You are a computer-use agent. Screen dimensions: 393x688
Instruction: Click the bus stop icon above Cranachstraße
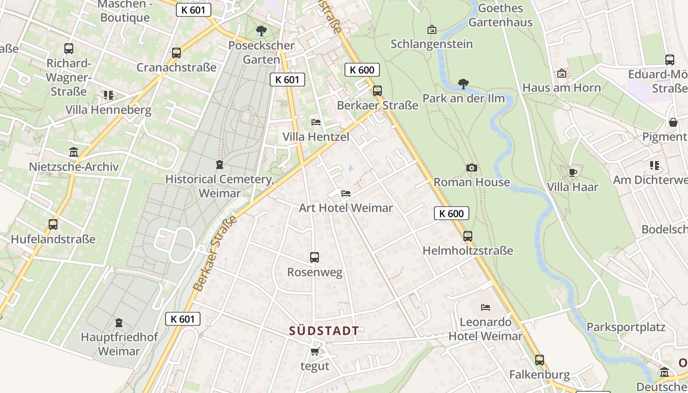pos(176,53)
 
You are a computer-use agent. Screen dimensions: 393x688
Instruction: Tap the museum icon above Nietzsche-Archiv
pos(74,152)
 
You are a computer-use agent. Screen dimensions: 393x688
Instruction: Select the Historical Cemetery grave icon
pos(220,165)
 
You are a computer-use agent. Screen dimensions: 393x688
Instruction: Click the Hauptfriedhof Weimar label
pos(119,344)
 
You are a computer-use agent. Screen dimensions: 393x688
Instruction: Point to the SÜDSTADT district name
pos(324,331)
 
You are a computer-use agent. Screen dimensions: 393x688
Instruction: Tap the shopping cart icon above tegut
pos(315,351)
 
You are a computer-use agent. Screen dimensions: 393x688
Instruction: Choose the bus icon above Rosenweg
pos(315,257)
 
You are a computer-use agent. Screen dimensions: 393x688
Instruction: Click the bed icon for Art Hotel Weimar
pos(346,193)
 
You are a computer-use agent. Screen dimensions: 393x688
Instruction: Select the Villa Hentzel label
pos(315,137)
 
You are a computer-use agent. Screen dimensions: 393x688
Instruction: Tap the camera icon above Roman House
pos(471,168)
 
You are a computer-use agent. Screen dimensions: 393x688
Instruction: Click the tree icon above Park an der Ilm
pos(463,84)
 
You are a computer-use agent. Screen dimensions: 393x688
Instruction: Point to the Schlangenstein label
pos(431,44)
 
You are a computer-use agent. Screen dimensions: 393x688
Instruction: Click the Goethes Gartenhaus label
pos(500,15)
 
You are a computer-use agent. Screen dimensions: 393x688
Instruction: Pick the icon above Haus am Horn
pos(561,73)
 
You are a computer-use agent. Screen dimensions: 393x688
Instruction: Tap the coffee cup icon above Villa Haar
pos(573,172)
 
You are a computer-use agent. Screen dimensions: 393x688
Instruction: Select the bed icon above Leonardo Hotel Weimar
pos(486,308)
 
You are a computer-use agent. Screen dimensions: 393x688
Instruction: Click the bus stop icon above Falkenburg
pos(540,360)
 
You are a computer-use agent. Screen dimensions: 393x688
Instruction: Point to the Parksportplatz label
pos(626,327)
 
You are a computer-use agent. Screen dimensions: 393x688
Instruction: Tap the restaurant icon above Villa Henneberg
pos(108,95)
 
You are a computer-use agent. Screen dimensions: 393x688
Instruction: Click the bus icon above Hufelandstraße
pos(53,225)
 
